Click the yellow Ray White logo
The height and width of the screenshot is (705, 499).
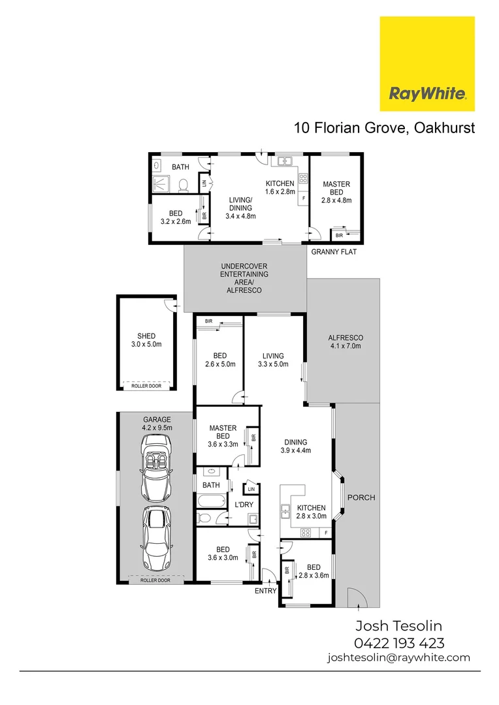point(427,64)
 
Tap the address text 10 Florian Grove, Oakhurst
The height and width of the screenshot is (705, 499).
point(384,127)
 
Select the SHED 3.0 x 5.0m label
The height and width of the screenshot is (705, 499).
point(145,340)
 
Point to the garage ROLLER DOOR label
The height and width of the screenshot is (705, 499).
point(155,580)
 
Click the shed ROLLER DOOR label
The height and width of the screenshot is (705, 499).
point(145,386)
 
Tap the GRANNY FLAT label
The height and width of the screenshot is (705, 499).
point(333,252)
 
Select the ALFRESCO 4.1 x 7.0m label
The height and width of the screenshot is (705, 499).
point(345,341)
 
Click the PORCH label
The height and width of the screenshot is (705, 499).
point(361,497)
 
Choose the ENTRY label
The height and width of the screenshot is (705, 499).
point(266,591)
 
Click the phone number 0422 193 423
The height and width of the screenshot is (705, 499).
point(399,642)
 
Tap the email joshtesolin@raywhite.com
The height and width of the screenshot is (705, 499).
point(398,658)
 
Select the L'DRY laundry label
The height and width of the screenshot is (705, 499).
point(243,504)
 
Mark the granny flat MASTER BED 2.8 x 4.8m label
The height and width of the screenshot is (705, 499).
point(336,192)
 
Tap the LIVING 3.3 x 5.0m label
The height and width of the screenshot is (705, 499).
point(273,360)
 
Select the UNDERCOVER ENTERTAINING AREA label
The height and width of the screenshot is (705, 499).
point(244,278)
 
